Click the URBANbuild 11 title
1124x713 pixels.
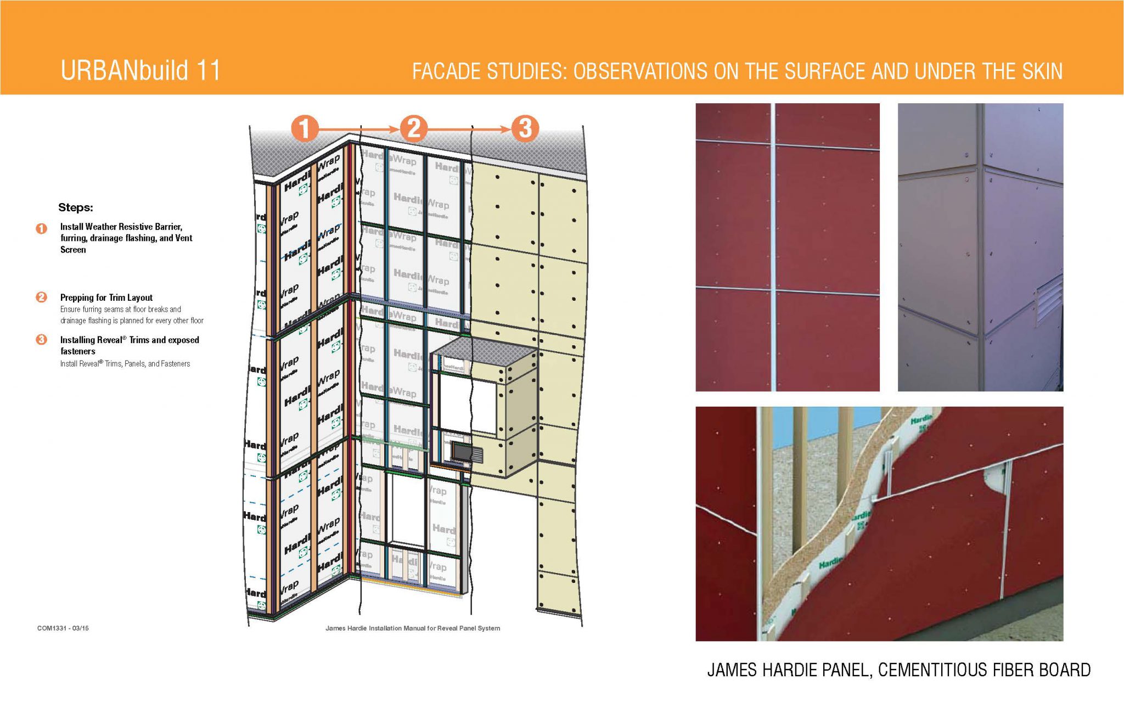click(x=140, y=70)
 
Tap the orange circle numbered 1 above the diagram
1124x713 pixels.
click(x=305, y=128)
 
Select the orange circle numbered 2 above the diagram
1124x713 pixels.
click(x=413, y=128)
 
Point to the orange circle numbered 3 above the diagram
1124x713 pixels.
click(x=525, y=128)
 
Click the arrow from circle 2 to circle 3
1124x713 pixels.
click(x=469, y=129)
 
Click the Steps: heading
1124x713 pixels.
click(x=76, y=207)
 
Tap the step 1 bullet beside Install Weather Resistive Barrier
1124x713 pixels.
click(x=41, y=228)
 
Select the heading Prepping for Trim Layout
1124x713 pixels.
click(x=106, y=297)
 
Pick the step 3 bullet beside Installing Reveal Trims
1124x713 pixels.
click(x=41, y=340)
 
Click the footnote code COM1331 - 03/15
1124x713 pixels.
click(x=63, y=628)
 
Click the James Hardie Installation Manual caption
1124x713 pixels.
click(x=412, y=628)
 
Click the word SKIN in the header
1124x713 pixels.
click(x=1042, y=71)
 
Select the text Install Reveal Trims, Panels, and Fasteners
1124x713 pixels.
click(x=125, y=363)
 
